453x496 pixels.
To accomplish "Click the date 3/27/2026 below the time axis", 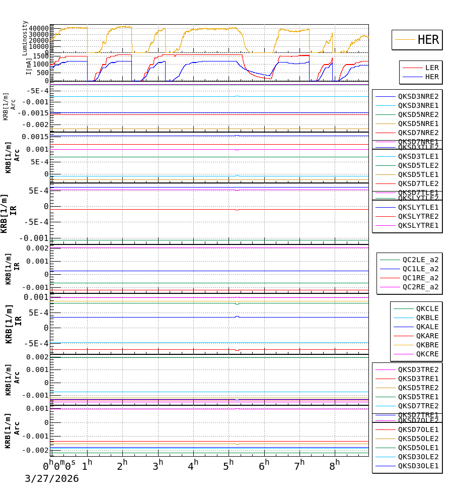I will pos(52,478).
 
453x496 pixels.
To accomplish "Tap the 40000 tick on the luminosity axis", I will pos(39,28).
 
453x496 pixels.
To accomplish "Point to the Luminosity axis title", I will pos(25,38).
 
